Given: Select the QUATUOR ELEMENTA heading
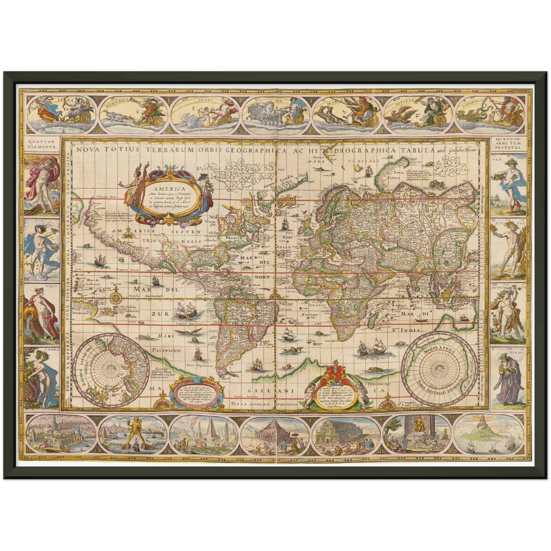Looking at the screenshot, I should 42,144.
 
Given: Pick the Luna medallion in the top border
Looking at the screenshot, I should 61,111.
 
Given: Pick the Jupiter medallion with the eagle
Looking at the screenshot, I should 418,111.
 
